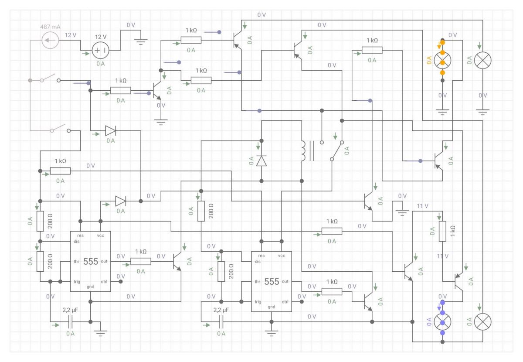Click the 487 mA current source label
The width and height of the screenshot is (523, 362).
click(50, 27)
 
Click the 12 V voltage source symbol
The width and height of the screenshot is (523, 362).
click(100, 50)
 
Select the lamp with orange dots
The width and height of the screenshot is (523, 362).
click(442, 60)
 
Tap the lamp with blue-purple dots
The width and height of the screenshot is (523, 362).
click(442, 322)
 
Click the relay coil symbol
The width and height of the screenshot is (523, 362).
click(303, 151)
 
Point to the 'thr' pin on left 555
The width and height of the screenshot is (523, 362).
click(77, 262)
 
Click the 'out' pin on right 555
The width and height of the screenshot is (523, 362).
click(285, 281)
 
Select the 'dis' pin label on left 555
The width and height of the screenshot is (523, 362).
click(77, 242)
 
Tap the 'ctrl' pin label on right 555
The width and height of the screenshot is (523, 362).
click(285, 302)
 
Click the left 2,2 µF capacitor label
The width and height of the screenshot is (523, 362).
click(70, 310)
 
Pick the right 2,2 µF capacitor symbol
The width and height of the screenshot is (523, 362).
click(221, 322)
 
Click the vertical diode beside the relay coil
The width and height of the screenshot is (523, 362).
click(261, 161)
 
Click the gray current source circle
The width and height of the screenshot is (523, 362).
click(50, 40)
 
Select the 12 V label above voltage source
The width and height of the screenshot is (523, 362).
click(101, 37)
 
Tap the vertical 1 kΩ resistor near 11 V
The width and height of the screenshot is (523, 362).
click(442, 231)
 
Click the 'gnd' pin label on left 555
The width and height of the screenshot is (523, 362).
click(90, 287)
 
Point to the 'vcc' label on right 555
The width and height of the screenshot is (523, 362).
click(282, 256)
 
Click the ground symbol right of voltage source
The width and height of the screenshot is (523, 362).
click(140, 41)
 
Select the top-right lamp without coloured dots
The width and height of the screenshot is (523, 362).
click(482, 60)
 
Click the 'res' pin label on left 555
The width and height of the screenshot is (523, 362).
click(80, 236)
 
